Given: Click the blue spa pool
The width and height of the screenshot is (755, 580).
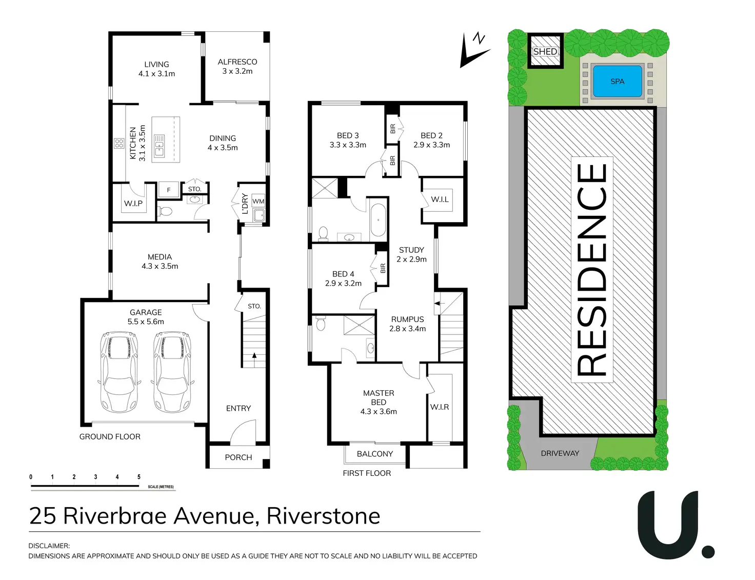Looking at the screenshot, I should pos(617,81).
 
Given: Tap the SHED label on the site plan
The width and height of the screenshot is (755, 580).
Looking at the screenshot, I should pos(545,51).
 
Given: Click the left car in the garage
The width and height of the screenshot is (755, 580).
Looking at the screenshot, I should pos(119,371).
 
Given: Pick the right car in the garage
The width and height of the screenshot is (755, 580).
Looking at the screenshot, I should pos(172,371).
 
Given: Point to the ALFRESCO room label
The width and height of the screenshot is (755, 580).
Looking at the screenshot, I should pos(237,62).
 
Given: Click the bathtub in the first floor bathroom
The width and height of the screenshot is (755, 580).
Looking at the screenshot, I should pos(378,220).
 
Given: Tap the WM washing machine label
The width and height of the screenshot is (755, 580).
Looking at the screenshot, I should pos(259,202).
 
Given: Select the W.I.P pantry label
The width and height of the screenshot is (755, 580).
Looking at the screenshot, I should pos(133,204).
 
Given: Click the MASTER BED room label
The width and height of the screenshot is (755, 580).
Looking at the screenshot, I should pos(379,397).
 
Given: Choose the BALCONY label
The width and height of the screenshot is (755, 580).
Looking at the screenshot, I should pos(375,454).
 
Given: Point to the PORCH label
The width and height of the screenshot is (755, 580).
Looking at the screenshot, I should pos(239,457).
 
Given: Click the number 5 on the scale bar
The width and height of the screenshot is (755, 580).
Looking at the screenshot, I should pos(138,477).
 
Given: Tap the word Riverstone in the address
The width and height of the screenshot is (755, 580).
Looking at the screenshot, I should pos(323,516).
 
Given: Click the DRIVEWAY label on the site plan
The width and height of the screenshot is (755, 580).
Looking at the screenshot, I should pos(560,453).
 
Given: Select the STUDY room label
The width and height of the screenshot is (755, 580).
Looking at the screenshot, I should pos(411,250).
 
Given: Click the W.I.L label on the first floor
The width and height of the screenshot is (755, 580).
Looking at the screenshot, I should pos(440,199).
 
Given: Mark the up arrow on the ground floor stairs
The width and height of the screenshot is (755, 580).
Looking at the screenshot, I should pos(254,356).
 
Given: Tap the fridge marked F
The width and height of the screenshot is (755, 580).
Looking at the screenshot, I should pos(169,190).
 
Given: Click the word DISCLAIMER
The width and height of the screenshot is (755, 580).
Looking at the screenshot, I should pos(49,546).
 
